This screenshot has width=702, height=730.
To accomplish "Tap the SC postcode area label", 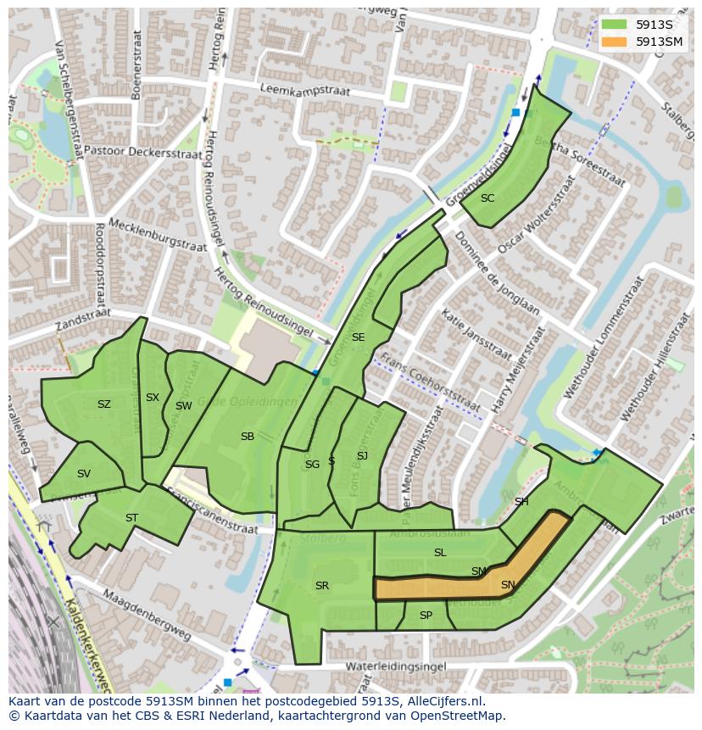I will coord(487,198).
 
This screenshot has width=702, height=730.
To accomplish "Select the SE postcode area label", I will coord(358,337).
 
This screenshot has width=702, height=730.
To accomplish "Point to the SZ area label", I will coord(103,404).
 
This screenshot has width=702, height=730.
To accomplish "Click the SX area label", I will coord(153,398).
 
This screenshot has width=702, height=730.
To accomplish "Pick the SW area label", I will coord(183,406).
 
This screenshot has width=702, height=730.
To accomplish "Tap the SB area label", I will coord(247,437).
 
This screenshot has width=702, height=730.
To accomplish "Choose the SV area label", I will coord(83,474).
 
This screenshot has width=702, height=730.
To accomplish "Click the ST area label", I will coord(131,518).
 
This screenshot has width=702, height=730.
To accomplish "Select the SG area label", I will coord(312,465).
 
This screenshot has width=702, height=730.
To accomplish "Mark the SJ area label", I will coord(362,456).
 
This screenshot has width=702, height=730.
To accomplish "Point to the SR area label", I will coord(321,586).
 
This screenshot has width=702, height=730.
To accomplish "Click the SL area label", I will coord(439,553).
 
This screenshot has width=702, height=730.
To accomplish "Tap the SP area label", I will coord(426,616).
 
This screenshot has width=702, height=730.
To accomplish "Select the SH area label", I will coord(521,502).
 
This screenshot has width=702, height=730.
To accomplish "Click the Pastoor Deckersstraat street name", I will coord(135,152).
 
